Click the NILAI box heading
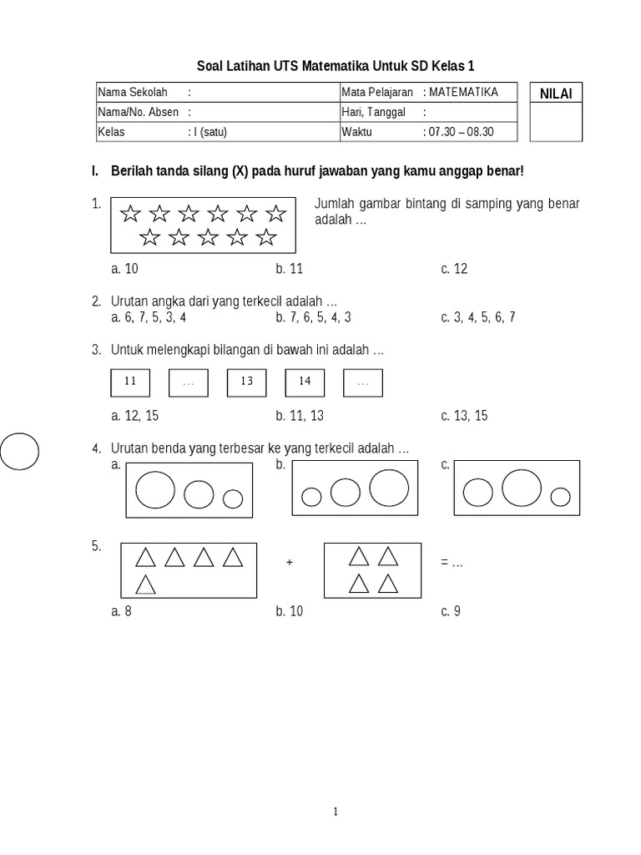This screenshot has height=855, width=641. click(x=556, y=94)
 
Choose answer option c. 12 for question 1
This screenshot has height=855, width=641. click(x=454, y=268)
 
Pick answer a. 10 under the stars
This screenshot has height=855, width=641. click(x=124, y=268)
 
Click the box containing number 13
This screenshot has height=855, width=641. click(x=246, y=382)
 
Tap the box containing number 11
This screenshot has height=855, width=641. click(x=130, y=382)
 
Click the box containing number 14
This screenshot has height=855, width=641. click(x=305, y=382)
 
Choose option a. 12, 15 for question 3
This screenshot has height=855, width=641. click(x=135, y=415)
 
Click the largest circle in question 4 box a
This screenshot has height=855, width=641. click(x=155, y=489)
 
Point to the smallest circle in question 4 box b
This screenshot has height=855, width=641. click(x=311, y=498)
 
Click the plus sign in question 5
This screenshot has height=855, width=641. click(x=290, y=563)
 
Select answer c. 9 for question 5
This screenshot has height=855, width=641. click(x=451, y=611)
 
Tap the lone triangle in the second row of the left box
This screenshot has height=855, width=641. click(x=146, y=584)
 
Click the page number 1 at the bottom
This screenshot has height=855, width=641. click(x=335, y=811)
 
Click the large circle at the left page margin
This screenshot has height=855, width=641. click(x=18, y=453)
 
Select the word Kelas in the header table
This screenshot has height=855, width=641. click(x=111, y=132)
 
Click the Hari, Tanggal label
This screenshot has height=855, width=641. click(x=373, y=112)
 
